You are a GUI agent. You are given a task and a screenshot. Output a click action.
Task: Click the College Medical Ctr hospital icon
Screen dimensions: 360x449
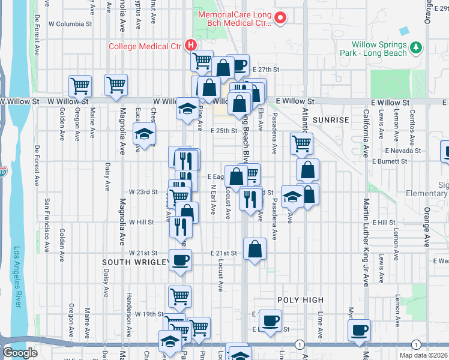pos(191,45)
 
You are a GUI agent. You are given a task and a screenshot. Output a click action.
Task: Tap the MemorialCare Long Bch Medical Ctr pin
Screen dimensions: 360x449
pos(280,19)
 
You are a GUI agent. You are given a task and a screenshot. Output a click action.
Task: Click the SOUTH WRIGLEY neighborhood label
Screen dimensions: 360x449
pos(133,262)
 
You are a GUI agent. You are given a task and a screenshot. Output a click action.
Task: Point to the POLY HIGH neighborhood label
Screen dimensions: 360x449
pos(300,300)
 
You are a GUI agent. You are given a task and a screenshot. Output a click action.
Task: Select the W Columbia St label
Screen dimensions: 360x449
pos(70,24)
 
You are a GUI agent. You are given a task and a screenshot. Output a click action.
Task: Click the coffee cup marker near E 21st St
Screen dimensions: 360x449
pos(180,260)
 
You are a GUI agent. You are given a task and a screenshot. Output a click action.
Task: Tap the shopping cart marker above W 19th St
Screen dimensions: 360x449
pos(180,296)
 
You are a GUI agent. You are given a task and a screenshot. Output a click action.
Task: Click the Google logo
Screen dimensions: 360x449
pos(20,353)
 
